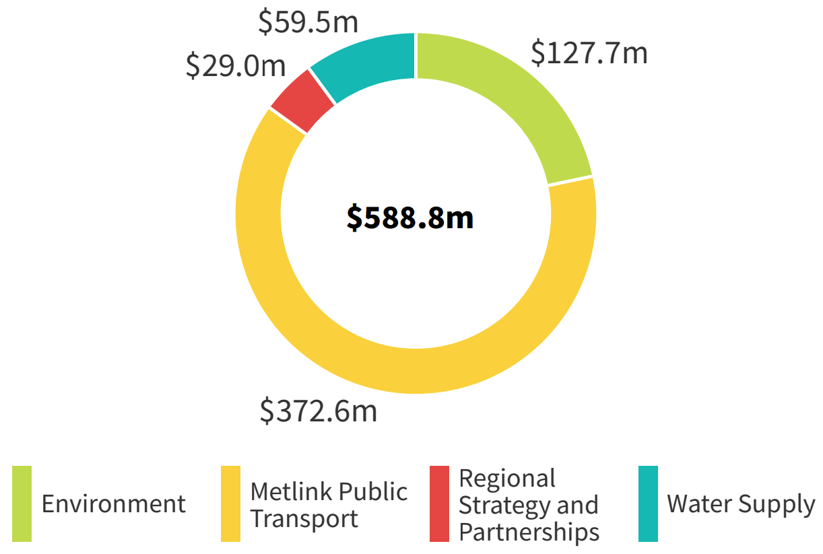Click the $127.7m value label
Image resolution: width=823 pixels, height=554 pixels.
589,53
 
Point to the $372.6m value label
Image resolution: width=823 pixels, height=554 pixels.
319,411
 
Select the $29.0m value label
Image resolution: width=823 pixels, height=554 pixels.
236,65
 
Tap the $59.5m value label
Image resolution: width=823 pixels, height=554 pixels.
308,22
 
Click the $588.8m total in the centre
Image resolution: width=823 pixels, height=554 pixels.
410,217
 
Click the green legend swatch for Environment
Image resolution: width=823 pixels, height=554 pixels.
22,504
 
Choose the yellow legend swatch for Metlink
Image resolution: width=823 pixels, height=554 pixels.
230,504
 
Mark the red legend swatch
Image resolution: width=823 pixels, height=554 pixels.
439,504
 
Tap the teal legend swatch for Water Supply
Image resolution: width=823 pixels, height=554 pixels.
648,504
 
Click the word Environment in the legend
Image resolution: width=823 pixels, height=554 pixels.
113,504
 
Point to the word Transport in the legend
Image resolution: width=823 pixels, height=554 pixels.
304,519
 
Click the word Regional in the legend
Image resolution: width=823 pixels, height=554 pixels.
507,478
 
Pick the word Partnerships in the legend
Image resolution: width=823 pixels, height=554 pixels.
529,532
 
